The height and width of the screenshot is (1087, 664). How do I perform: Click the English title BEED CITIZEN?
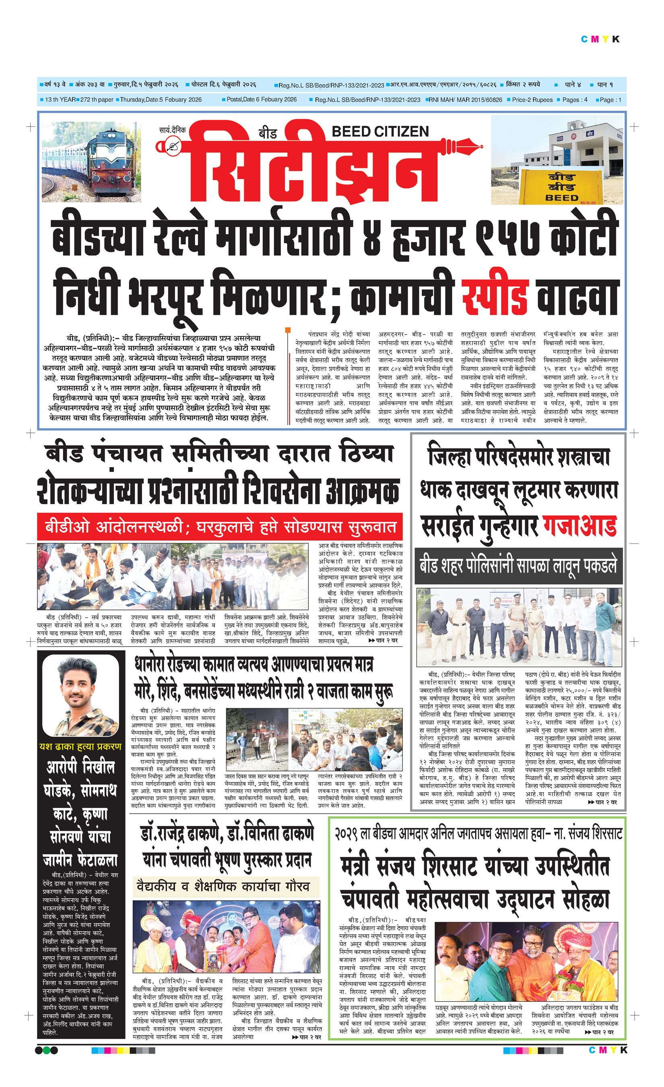coord(380,132)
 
